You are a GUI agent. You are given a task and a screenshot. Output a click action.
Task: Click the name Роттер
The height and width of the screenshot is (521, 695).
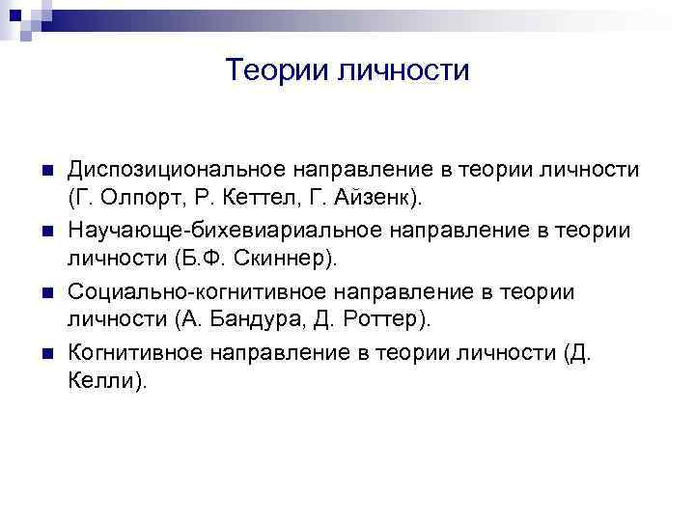point(395,319)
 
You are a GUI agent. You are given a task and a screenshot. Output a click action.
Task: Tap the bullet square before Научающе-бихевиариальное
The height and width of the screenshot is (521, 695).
point(46,232)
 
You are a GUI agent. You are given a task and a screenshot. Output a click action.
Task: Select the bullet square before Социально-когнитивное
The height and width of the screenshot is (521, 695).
point(46,292)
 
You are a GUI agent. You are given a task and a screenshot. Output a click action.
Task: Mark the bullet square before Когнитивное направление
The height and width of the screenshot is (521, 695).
point(46,353)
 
